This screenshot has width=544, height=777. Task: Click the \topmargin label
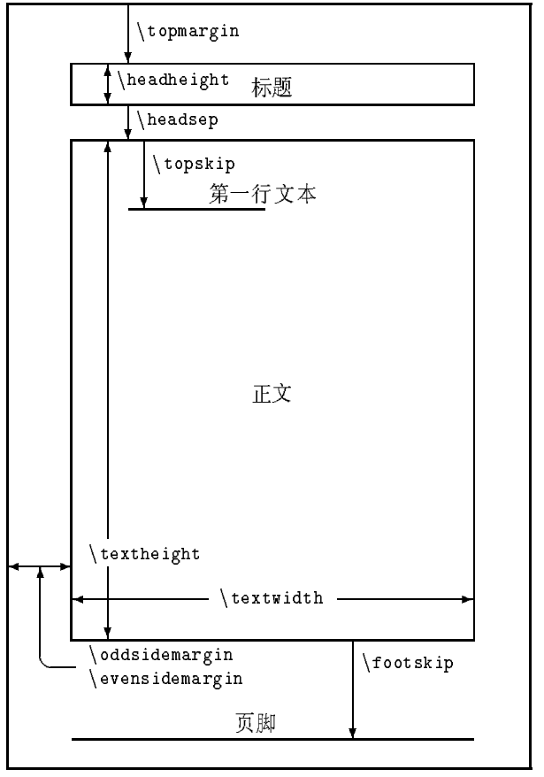tap(188, 30)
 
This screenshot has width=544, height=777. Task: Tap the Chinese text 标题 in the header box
tap(272, 88)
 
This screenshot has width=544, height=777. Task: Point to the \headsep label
tap(177, 119)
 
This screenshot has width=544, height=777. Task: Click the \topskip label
tap(194, 164)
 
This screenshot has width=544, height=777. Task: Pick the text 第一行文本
tap(263, 194)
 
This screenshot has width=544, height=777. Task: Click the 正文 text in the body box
tap(272, 395)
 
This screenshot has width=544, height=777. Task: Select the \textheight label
tap(145, 554)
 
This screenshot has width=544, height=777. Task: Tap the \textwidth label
tap(272, 599)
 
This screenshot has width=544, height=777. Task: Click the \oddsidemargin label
tap(161, 655)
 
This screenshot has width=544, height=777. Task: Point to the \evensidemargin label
tap(165, 679)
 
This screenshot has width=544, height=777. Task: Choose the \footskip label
tap(408, 663)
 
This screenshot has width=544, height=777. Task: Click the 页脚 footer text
tap(257, 723)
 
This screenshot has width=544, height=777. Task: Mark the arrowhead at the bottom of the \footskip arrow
tap(353, 733)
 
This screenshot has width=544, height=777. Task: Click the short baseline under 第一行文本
tap(196, 210)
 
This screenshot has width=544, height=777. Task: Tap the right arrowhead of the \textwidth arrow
tap(468, 599)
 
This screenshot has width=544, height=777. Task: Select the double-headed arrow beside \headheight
tap(108, 84)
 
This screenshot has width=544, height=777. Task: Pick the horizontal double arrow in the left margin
tap(39, 566)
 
